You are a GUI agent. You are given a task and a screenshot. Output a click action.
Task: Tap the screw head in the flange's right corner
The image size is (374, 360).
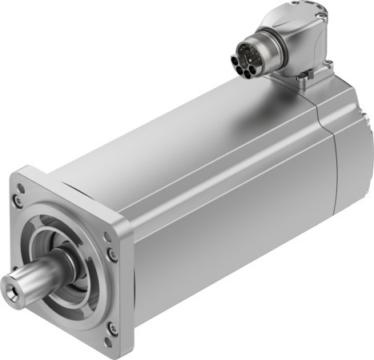[111, 254]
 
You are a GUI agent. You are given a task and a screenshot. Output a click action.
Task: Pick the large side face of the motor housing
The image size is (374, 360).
[224, 232]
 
